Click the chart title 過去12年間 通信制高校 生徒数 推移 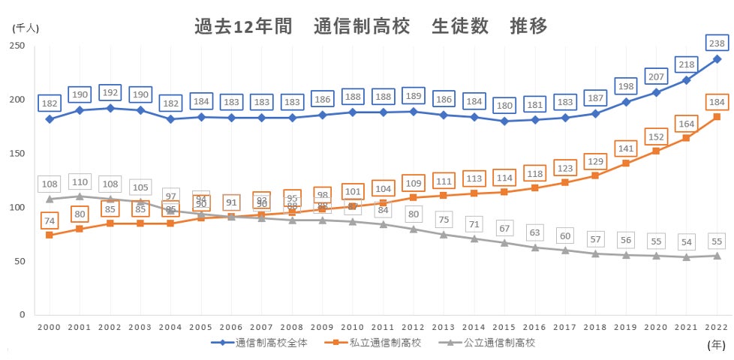[x=371, y=26]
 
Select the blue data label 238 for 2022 [x=717, y=43]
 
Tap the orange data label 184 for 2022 [x=717, y=102]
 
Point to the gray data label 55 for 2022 [x=717, y=241]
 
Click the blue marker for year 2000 [x=50, y=118]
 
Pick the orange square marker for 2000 [x=50, y=235]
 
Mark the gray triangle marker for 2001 [x=80, y=196]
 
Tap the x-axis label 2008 [x=292, y=328]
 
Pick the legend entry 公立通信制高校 [x=499, y=343]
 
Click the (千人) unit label [x=25, y=27]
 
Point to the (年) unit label [x=716, y=345]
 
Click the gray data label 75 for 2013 [x=444, y=219]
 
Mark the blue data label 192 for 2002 [x=110, y=94]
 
